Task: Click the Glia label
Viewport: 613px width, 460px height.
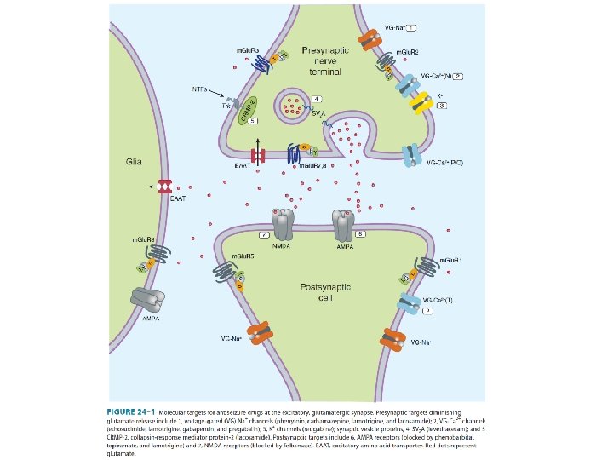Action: click(134, 160)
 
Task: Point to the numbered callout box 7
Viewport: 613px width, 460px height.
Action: click(264, 233)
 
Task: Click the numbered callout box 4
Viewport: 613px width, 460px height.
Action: click(316, 99)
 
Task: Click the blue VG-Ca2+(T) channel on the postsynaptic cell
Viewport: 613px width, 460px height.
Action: click(410, 304)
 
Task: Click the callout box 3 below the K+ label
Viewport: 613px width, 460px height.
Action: click(442, 105)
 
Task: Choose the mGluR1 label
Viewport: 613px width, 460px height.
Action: click(450, 260)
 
